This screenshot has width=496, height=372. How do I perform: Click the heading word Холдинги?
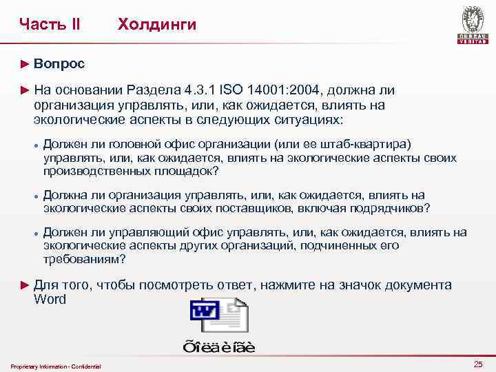157,25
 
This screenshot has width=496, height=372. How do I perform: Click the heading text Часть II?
50,25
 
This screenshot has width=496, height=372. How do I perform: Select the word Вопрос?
59,64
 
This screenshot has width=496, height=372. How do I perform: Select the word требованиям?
84,258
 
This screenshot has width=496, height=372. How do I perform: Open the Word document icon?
219,316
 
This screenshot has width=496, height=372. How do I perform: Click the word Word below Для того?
50,299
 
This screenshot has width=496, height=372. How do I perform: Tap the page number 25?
478,364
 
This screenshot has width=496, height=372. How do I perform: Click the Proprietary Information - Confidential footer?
56,366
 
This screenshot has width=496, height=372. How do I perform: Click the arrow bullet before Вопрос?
26,64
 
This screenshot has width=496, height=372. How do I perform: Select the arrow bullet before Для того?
26,285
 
